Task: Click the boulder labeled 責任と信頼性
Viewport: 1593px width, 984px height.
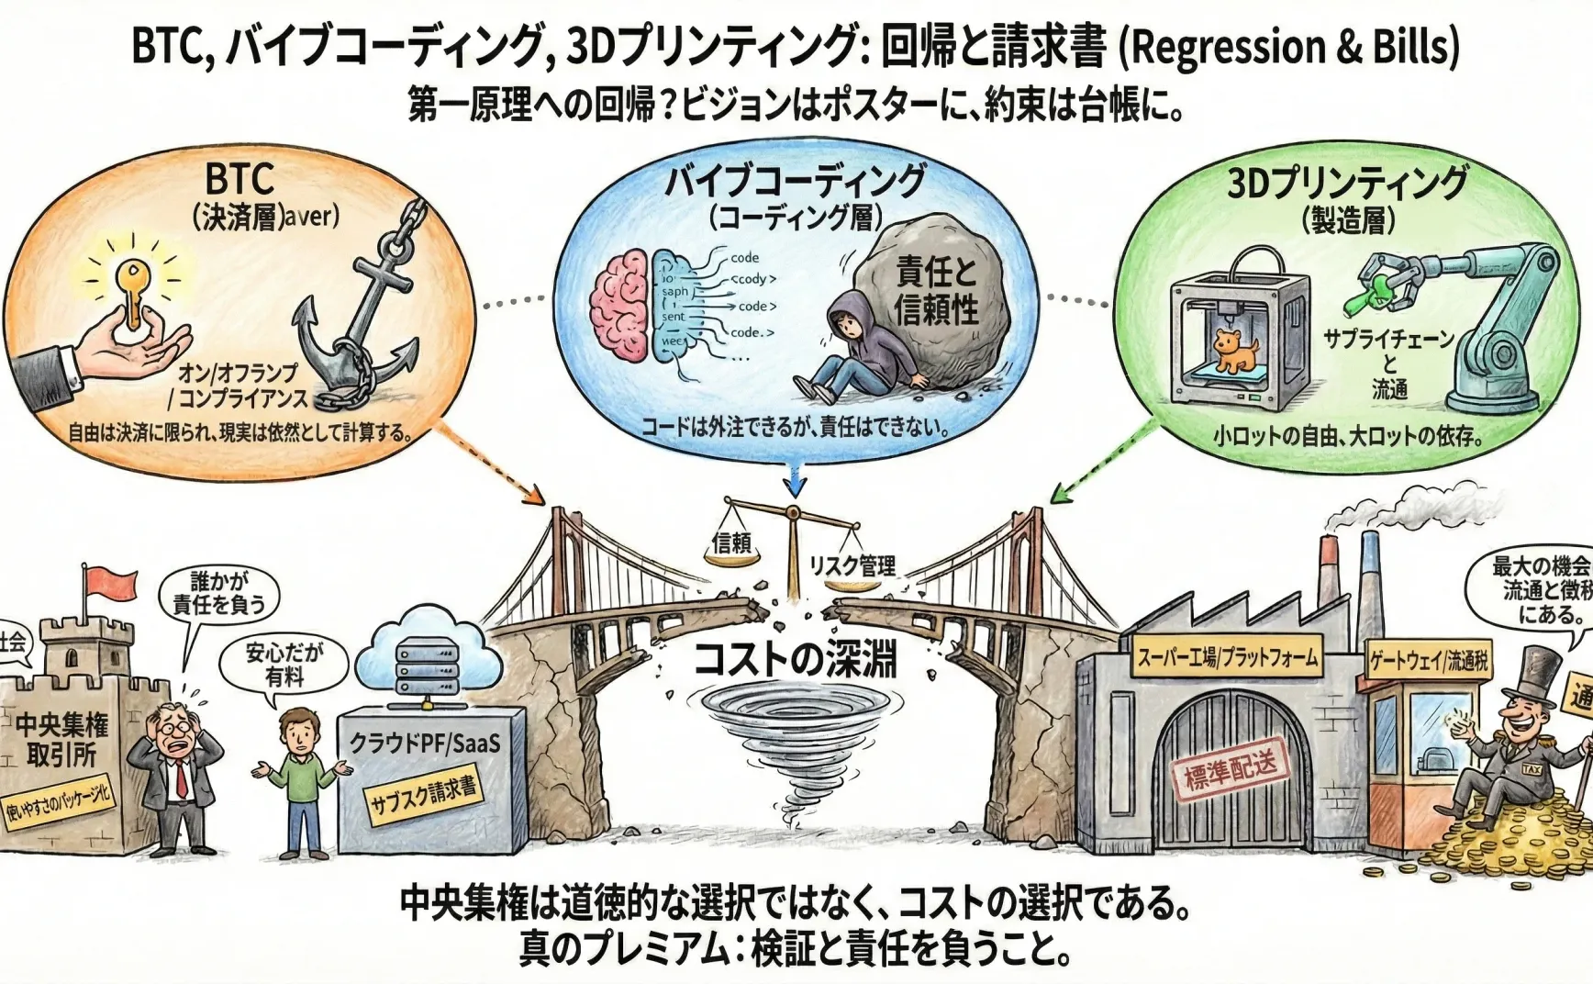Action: pos(931,294)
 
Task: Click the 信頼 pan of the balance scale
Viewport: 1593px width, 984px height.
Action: pos(731,545)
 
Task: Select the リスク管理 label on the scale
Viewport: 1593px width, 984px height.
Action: pos(852,565)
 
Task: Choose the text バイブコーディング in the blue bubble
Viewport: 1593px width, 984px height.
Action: pos(795,181)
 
